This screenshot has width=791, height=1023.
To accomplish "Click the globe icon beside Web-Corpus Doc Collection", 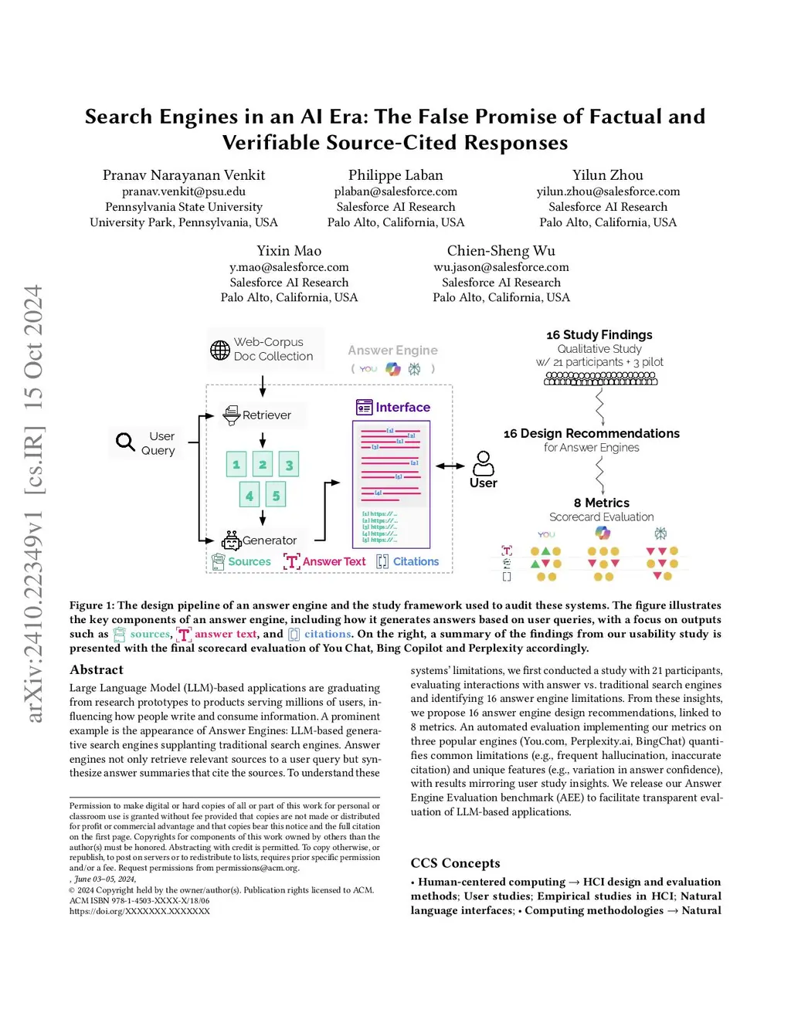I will pyautogui.click(x=220, y=350).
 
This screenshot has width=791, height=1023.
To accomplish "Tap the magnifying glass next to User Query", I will pyautogui.click(x=125, y=442).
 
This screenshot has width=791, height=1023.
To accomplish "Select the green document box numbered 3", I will pyautogui.click(x=289, y=465).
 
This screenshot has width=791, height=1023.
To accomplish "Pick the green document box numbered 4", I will pyautogui.click(x=249, y=496).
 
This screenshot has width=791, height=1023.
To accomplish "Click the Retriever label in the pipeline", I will pyautogui.click(x=266, y=415).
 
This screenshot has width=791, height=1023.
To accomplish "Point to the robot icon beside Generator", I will pyautogui.click(x=231, y=540).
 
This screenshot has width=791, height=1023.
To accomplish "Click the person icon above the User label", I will pyautogui.click(x=484, y=463).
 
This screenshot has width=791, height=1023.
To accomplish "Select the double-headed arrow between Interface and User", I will pyautogui.click(x=450, y=466).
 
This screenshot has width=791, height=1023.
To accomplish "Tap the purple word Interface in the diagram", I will pyautogui.click(x=402, y=408).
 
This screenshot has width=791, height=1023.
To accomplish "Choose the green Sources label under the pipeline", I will pyautogui.click(x=249, y=562).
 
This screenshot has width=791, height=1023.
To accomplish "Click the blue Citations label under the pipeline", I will pyautogui.click(x=416, y=562).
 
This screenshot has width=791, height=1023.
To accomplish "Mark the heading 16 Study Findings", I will pyautogui.click(x=599, y=335).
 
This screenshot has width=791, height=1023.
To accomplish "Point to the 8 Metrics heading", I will pyautogui.click(x=601, y=503).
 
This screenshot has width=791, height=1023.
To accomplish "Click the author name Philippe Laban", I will pyautogui.click(x=395, y=175).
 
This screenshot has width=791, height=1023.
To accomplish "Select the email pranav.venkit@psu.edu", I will pyautogui.click(x=184, y=191).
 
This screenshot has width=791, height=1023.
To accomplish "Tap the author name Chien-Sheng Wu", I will pyautogui.click(x=501, y=251).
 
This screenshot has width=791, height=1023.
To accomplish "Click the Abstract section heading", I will pyautogui.click(x=97, y=670).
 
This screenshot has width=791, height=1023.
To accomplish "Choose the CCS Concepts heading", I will pyautogui.click(x=455, y=863).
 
